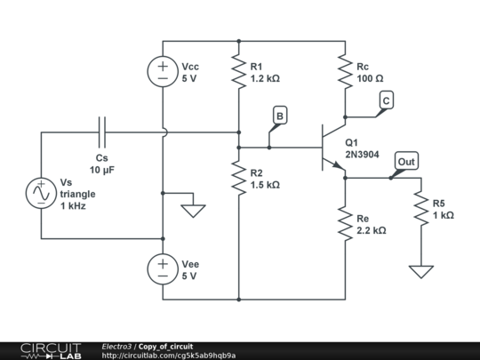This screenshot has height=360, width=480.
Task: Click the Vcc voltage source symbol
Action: pyautogui.click(x=163, y=71)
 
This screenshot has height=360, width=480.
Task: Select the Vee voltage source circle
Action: pyautogui.click(x=163, y=269)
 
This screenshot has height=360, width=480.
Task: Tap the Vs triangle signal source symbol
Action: pyautogui.click(x=41, y=193)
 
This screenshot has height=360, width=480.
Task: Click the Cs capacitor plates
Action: pyautogui.click(x=102, y=132)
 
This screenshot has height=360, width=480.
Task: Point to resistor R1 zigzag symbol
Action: pyautogui.click(x=239, y=71)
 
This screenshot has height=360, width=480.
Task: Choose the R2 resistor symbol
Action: pyautogui.click(x=239, y=178)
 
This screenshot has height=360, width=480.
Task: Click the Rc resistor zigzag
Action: pyautogui.click(x=345, y=71)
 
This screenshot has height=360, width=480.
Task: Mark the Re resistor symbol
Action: pyautogui.click(x=345, y=223)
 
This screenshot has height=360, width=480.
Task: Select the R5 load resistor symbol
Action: pyautogui.click(x=421, y=208)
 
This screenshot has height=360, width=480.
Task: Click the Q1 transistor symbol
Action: pyautogui.click(x=333, y=148)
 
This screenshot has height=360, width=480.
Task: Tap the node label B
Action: pyautogui.click(x=279, y=116)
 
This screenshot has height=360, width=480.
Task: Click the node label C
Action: pyautogui.click(x=387, y=100)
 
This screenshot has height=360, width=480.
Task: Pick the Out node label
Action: pyautogui.click(x=406, y=161)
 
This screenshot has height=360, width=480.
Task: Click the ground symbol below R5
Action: pyautogui.click(x=421, y=272)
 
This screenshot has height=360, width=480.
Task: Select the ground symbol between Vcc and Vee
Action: pyautogui.click(x=193, y=211)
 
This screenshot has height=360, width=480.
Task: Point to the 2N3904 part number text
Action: pyautogui.click(x=362, y=155)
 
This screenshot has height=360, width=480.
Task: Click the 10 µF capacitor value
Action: pyautogui.click(x=102, y=170)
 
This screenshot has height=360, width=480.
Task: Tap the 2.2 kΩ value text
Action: pyautogui.click(x=372, y=230)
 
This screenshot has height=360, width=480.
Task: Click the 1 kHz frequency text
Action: pyautogui.click(x=73, y=206)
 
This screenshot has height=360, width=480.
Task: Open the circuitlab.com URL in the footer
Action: pyautogui.click(x=169, y=356)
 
